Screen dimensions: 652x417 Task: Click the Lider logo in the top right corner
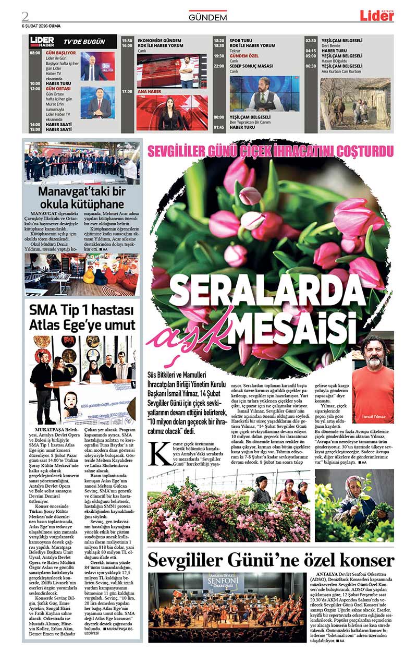click(x=377, y=16)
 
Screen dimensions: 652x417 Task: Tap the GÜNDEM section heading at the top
click(x=207, y=17)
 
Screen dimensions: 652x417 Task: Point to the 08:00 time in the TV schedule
click(x=35, y=53)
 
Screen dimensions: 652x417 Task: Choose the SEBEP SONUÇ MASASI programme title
click(x=253, y=66)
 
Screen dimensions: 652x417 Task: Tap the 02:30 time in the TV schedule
click(x=311, y=40)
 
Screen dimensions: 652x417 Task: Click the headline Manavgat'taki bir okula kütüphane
click(x=81, y=198)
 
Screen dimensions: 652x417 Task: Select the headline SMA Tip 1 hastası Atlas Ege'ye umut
click(x=82, y=318)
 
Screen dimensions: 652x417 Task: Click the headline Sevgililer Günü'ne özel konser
click(x=271, y=560)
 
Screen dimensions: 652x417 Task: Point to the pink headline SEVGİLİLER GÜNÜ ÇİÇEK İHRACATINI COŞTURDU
click(x=269, y=152)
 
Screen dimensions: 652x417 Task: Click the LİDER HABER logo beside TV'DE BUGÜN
click(x=42, y=42)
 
